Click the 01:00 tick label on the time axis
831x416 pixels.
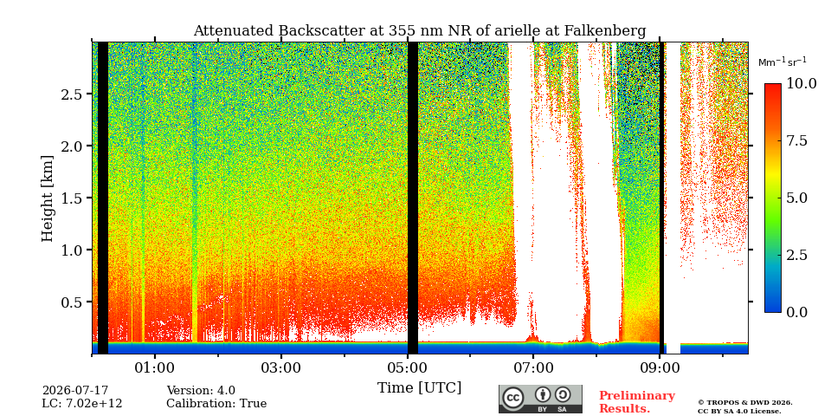[x=155, y=368]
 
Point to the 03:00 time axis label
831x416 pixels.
[x=280, y=368]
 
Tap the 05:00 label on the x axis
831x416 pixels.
[x=407, y=368]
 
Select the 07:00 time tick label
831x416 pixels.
[x=533, y=368]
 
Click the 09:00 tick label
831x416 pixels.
[x=660, y=368]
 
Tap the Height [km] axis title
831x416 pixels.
[x=48, y=198]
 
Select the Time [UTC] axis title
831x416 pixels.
[x=419, y=388]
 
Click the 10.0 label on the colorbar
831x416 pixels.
[x=801, y=84]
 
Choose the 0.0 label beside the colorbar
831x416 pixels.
[x=796, y=312]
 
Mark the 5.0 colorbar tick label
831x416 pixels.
[x=796, y=198]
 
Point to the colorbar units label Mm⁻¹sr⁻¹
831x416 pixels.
[x=783, y=62]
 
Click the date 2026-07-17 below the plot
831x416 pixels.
[x=75, y=391]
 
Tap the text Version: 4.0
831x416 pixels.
[x=201, y=391]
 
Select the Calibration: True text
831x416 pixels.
[x=216, y=404]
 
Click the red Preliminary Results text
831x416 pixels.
[x=637, y=402]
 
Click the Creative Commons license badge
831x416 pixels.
[x=540, y=399]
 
